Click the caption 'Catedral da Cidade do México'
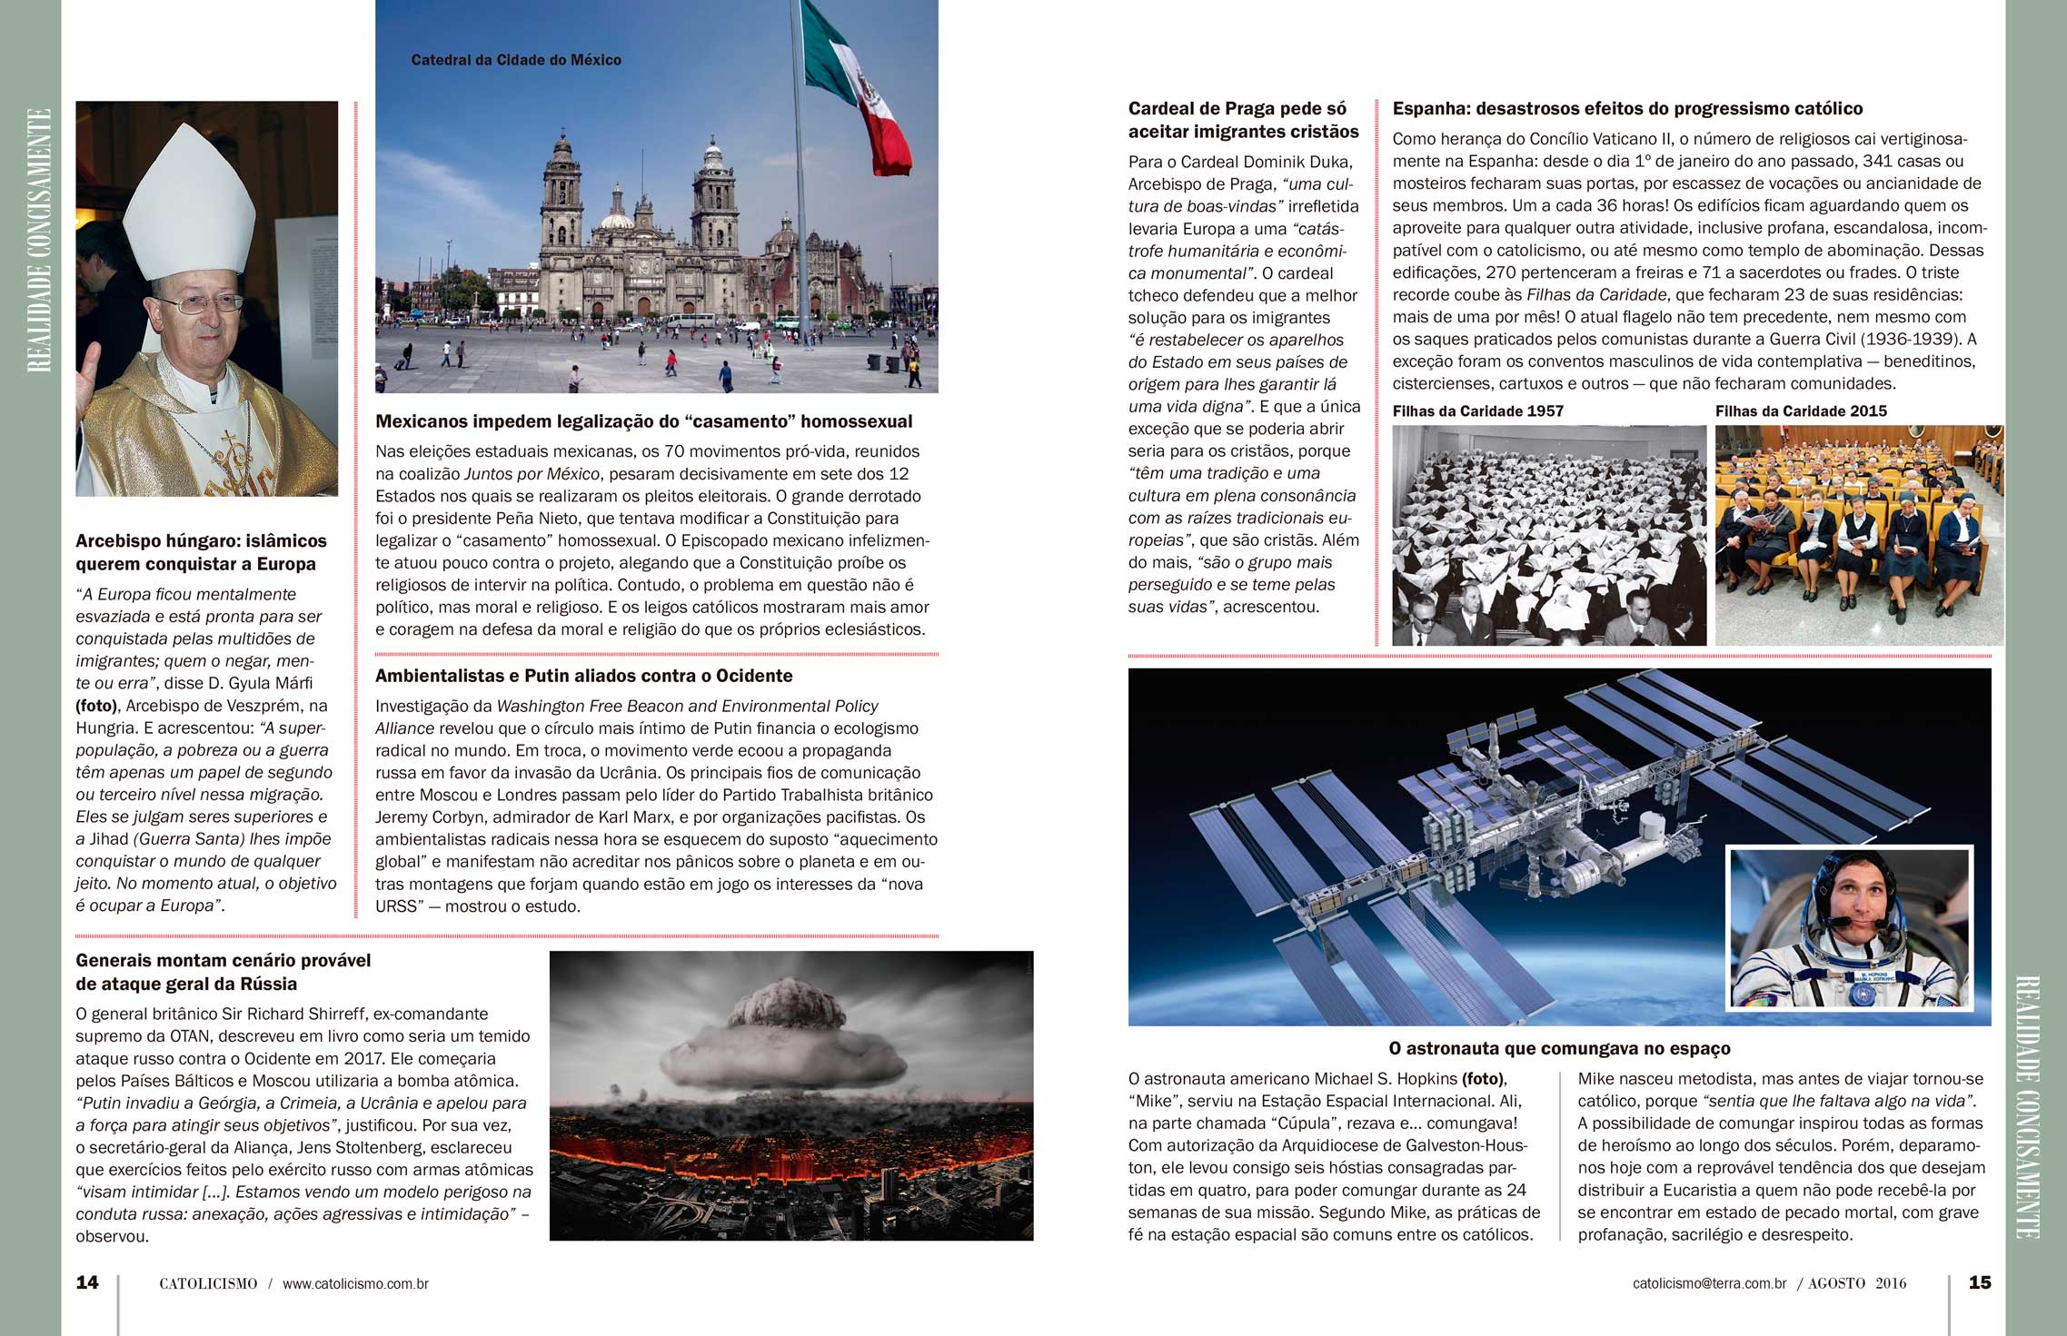click(515, 60)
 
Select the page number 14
click(87, 1282)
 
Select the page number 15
click(1979, 1282)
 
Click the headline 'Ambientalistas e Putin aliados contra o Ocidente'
click(583, 676)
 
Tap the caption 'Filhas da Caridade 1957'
click(1477, 411)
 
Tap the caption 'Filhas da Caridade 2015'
click(1800, 411)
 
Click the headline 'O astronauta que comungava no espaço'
click(1559, 1049)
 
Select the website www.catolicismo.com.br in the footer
click(355, 1284)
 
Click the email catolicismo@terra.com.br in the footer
click(1709, 1284)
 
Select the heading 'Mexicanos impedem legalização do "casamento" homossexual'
click(643, 421)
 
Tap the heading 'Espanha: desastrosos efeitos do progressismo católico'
click(1627, 109)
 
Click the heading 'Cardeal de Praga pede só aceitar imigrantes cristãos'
click(1243, 120)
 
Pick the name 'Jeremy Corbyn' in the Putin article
click(429, 817)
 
